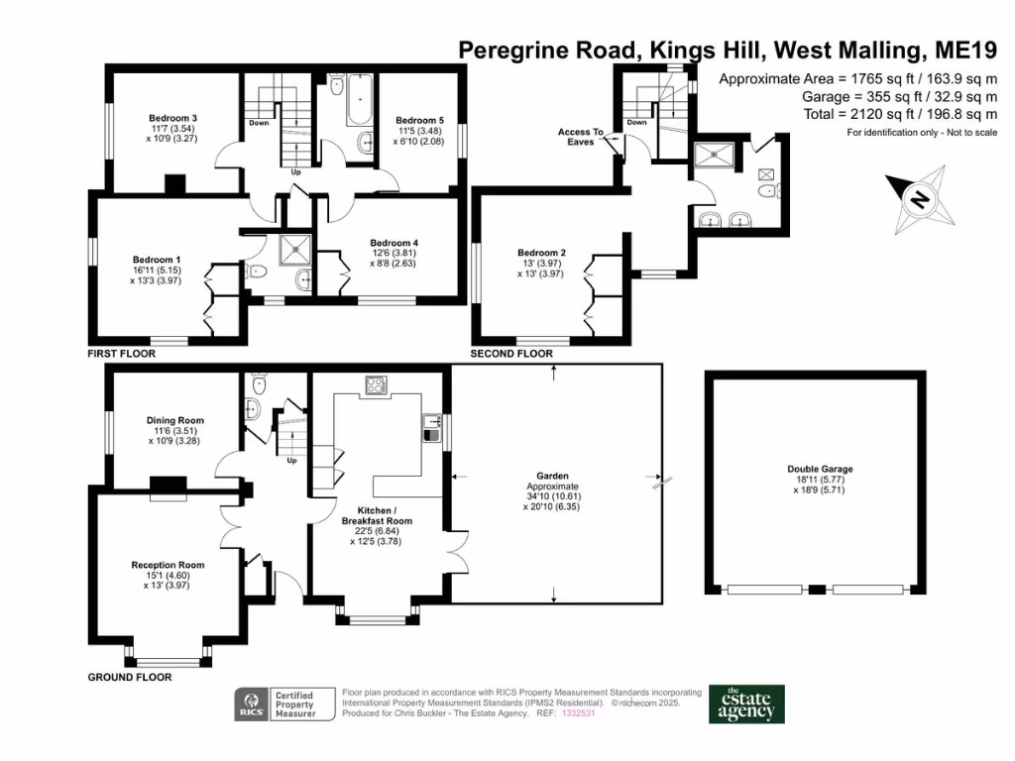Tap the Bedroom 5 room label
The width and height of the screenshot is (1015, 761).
coord(419,120)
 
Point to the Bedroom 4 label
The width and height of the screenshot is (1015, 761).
coord(394,243)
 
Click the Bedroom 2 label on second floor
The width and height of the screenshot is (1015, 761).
coord(541,253)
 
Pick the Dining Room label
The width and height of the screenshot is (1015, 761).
coord(174,420)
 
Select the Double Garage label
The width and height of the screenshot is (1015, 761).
coord(820,469)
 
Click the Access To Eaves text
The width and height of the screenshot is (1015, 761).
coord(580,137)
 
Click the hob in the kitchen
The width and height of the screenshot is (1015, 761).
coord(377,385)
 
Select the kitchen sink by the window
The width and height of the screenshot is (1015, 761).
coord(431,427)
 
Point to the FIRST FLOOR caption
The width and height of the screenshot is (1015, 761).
coord(119,354)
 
